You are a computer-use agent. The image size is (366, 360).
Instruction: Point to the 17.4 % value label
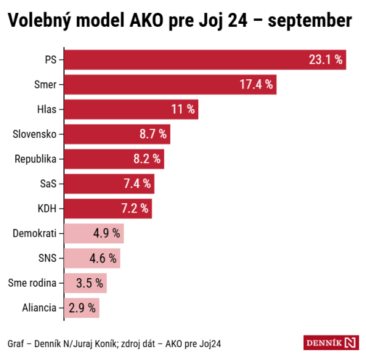[x=257, y=84]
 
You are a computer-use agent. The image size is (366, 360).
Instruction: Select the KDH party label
[x=47, y=209]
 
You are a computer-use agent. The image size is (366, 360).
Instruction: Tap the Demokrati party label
[x=35, y=233]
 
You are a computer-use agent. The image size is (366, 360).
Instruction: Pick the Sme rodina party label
[x=32, y=283]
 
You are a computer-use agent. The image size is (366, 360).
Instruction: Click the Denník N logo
[x=331, y=342]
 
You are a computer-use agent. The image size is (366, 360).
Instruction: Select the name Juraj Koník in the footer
[x=98, y=343]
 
